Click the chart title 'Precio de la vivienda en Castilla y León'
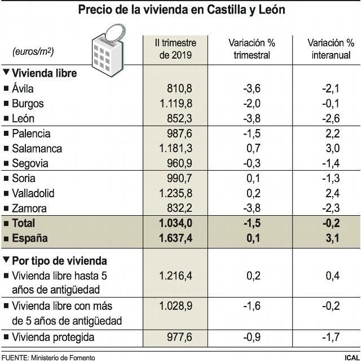[182, 10]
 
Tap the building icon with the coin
[108, 48]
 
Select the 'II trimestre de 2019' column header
[176, 48]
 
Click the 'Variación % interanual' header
[329, 48]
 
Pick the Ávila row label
[23, 88]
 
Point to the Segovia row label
[30, 163]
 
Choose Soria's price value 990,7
[180, 179]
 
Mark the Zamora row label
[29, 208]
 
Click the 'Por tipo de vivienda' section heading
[60, 261]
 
